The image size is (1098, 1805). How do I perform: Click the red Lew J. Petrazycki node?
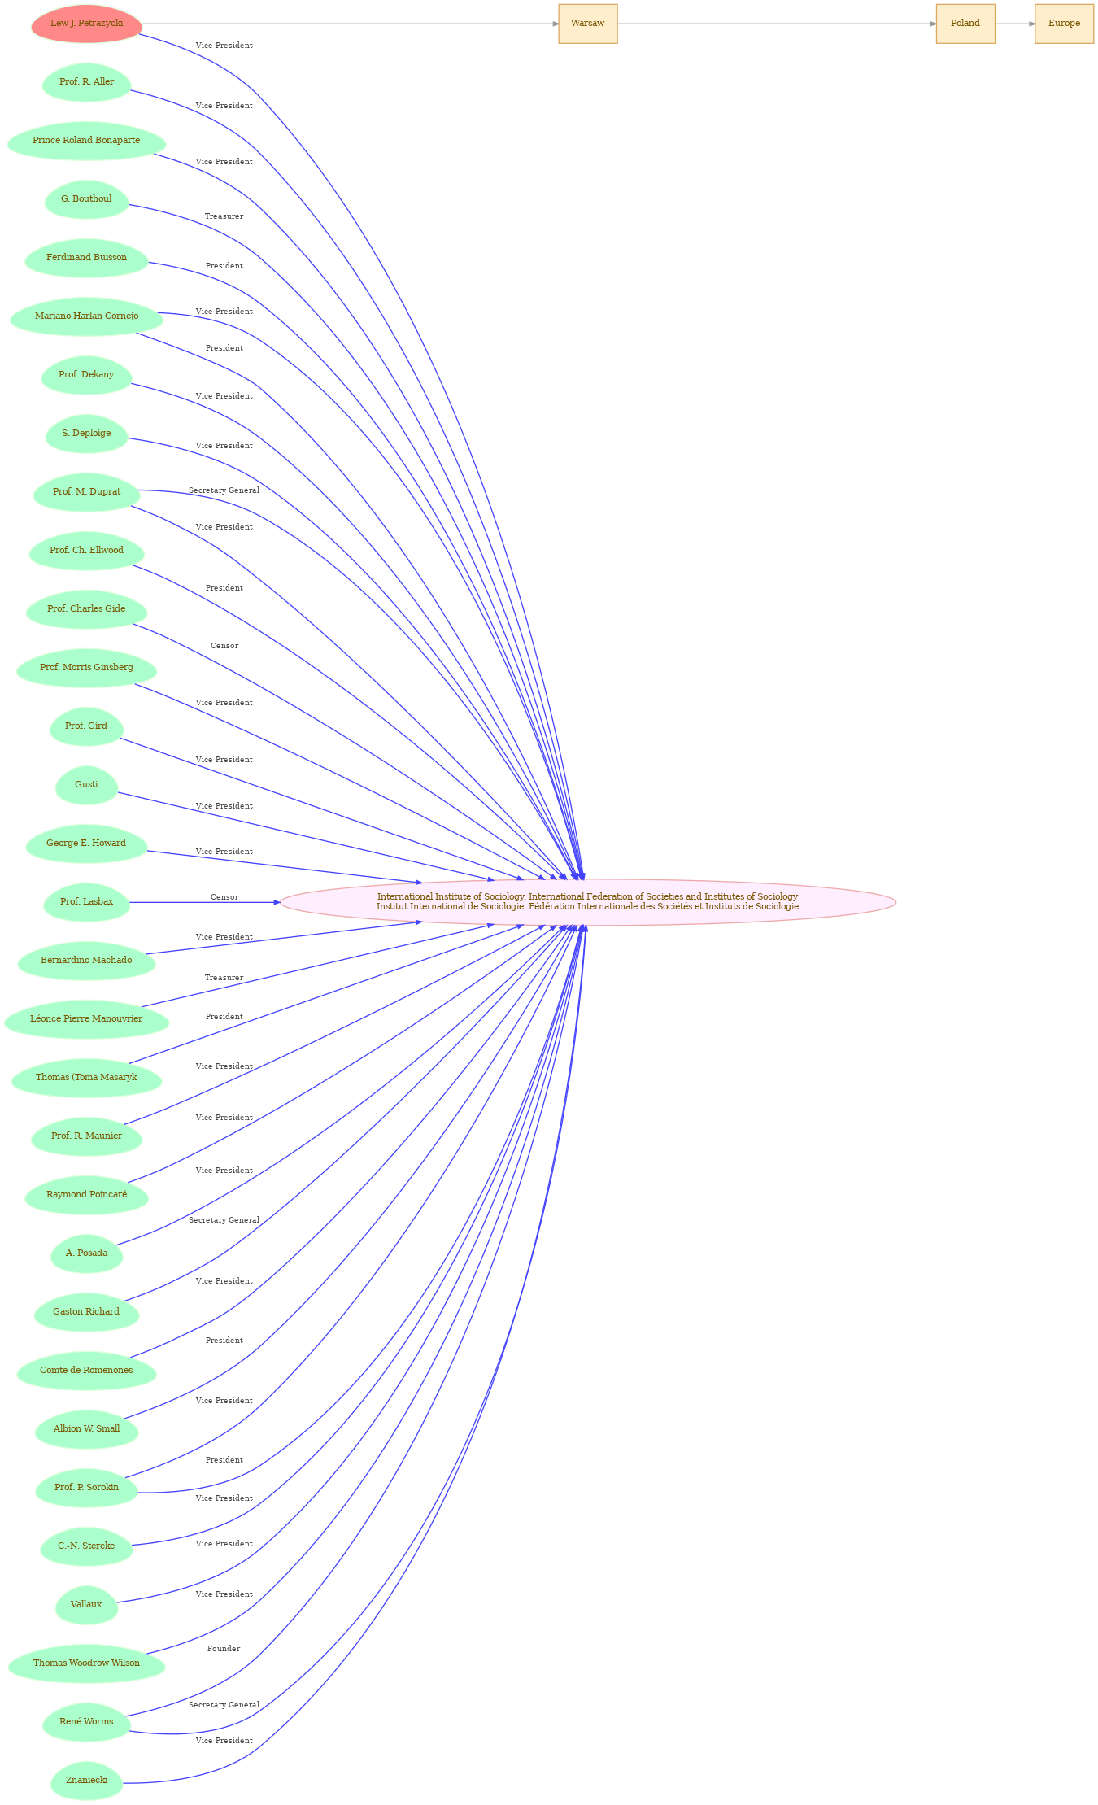[x=86, y=24]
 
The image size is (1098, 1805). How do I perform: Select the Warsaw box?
[x=587, y=24]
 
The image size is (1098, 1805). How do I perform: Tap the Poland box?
[x=965, y=24]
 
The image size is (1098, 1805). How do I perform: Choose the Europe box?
[x=1064, y=24]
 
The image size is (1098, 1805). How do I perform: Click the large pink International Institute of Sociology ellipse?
[x=587, y=901]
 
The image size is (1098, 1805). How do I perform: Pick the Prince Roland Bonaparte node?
[x=86, y=141]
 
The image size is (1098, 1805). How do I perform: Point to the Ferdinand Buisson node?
[x=86, y=258]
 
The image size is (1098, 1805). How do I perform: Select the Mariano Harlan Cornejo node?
[x=86, y=316]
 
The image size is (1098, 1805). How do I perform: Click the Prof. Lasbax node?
[x=86, y=902]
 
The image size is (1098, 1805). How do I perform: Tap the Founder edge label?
[x=224, y=1649]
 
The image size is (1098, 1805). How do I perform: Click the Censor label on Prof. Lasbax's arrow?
[x=224, y=897]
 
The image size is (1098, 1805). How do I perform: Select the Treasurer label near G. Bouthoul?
[x=224, y=216]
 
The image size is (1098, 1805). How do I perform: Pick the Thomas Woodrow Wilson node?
[x=86, y=1663]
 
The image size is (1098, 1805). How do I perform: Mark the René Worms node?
[x=86, y=1722]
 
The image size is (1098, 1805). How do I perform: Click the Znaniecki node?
[x=86, y=1781]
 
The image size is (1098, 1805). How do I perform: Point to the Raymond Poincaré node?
[x=86, y=1195]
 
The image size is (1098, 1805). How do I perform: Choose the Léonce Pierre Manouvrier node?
[x=86, y=1019]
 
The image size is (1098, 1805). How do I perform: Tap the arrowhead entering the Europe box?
[x=1031, y=24]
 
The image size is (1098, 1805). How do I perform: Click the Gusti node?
[x=86, y=785]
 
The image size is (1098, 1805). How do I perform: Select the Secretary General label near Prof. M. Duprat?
[x=224, y=490]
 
